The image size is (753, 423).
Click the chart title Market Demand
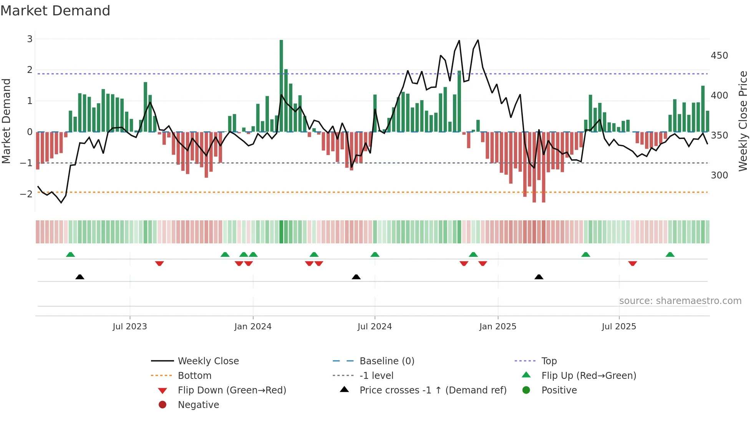[55, 11]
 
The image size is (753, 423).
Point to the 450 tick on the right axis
[719, 56]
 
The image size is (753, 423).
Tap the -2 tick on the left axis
[26, 194]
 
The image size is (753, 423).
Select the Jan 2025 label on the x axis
[498, 327]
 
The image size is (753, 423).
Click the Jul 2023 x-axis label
[129, 327]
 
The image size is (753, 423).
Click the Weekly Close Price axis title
[743, 121]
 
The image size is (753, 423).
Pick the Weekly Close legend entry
[208, 361]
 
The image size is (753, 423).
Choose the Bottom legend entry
[194, 376]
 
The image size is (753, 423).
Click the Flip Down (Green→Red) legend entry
[232, 390]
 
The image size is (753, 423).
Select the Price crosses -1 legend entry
[433, 390]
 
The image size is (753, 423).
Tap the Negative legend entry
[198, 405]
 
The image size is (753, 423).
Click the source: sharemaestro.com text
[680, 301]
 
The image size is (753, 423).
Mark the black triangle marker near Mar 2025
[539, 277]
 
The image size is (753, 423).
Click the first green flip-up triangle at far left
[70, 254]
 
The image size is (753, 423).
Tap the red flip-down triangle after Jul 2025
[632, 263]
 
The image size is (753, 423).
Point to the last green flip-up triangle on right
[670, 254]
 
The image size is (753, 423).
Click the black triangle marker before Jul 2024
[356, 277]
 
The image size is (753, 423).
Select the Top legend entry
[549, 361]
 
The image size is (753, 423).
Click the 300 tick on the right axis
[719, 175]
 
